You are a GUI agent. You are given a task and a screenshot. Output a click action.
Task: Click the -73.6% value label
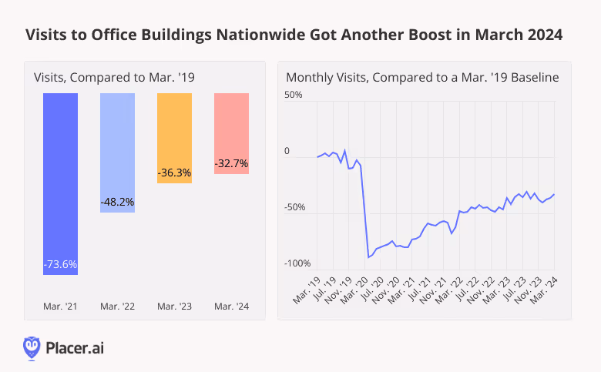point(60,264)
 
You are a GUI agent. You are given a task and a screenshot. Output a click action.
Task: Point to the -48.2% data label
point(117,202)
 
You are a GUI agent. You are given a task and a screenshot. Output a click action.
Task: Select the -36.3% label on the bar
point(174,173)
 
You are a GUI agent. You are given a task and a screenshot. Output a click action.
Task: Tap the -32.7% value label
point(231,163)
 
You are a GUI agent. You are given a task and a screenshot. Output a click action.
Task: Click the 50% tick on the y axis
point(294,95)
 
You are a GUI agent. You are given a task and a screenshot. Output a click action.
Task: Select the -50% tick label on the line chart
point(295,207)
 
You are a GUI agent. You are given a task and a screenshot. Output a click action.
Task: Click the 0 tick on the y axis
point(287,151)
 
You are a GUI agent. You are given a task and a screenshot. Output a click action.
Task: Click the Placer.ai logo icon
point(32,348)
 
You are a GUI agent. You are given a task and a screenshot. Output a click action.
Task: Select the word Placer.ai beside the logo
point(75,348)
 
